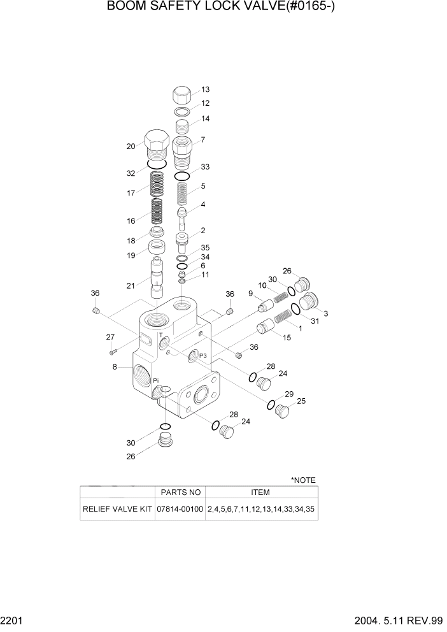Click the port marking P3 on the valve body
pyautogui.click(x=203, y=355)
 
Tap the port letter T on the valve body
pyautogui.click(x=160, y=334)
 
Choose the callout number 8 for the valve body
pyautogui.click(x=115, y=367)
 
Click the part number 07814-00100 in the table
pyautogui.click(x=180, y=510)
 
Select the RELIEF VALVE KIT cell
pyautogui.click(x=117, y=510)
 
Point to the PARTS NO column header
pyautogui.click(x=180, y=492)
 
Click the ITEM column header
pyautogui.click(x=260, y=492)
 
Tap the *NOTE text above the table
pyautogui.click(x=303, y=480)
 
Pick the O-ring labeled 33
pyautogui.click(x=181, y=176)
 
